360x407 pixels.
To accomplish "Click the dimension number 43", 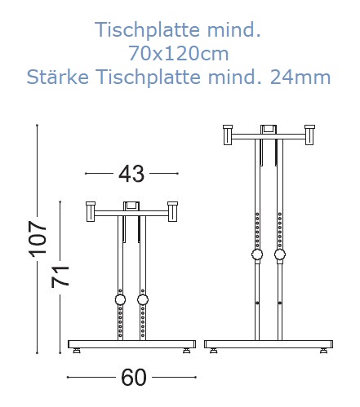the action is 131,174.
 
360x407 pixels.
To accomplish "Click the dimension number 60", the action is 134,377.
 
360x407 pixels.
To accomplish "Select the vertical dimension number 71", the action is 60,276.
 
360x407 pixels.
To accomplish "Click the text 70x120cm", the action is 178,54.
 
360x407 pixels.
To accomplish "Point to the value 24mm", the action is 300,77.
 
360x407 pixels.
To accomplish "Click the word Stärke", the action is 58,77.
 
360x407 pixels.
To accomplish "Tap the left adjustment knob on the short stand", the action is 120,300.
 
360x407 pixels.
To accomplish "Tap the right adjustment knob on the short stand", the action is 143,300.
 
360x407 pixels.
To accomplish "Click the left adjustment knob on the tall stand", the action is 257,254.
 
